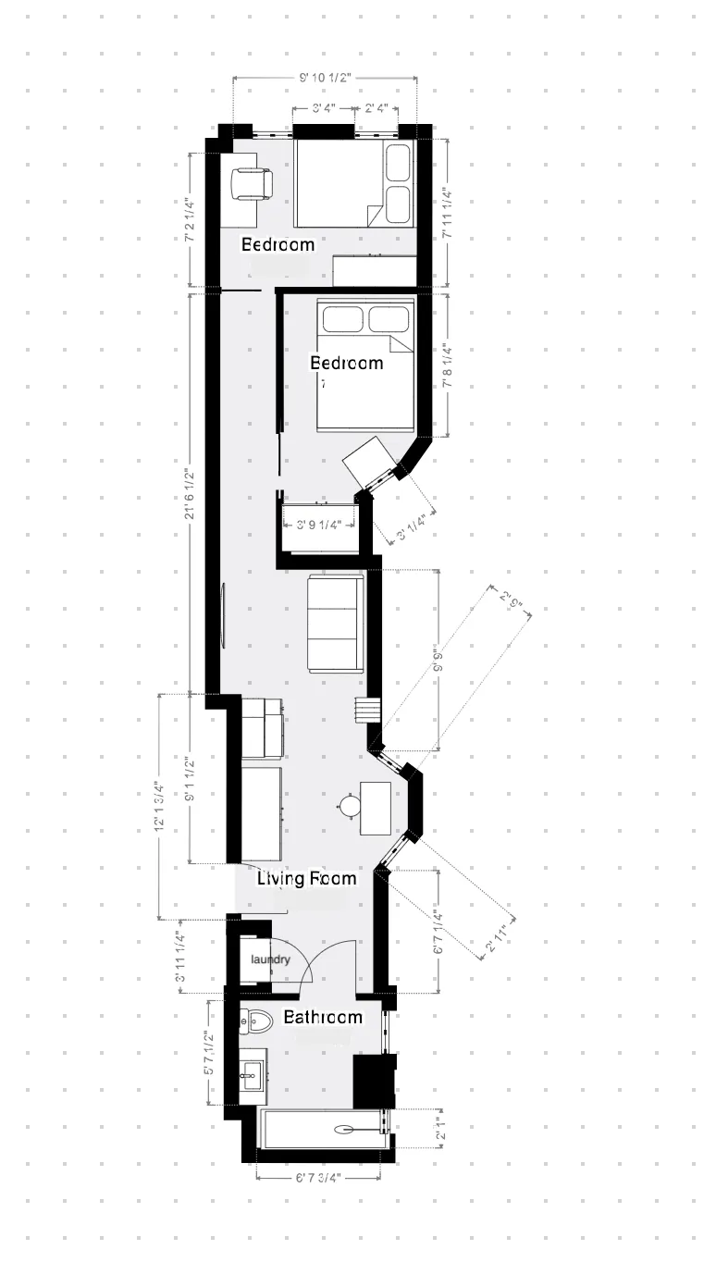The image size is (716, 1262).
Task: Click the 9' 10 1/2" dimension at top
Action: point(324,78)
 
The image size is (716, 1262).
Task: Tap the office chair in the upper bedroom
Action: point(251,183)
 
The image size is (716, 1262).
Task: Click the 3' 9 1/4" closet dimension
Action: point(319,525)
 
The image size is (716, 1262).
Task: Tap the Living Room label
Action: point(306,878)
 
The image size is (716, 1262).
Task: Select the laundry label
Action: point(271,959)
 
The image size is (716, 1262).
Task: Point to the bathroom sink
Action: point(252,1075)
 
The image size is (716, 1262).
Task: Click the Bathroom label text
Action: point(323,1017)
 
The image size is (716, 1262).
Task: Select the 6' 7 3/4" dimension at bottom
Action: point(318,1178)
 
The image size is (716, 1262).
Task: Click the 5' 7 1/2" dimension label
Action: point(210,1055)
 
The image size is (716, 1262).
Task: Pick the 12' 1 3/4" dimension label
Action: point(160,805)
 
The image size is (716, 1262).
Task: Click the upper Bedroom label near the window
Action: point(278,244)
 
